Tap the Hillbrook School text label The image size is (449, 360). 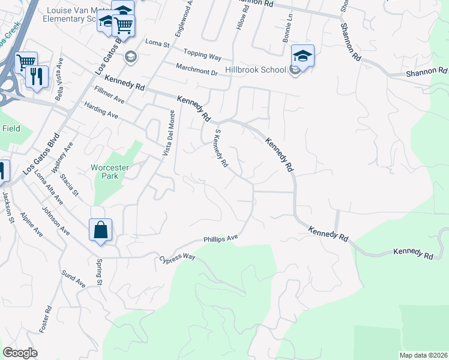[x=255, y=70]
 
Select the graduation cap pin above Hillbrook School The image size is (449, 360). [x=303, y=57]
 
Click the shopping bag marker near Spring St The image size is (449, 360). [x=100, y=230]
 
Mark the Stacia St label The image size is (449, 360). [x=71, y=183]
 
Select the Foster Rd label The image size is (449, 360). [x=46, y=320]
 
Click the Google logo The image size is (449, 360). [x=20, y=353]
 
